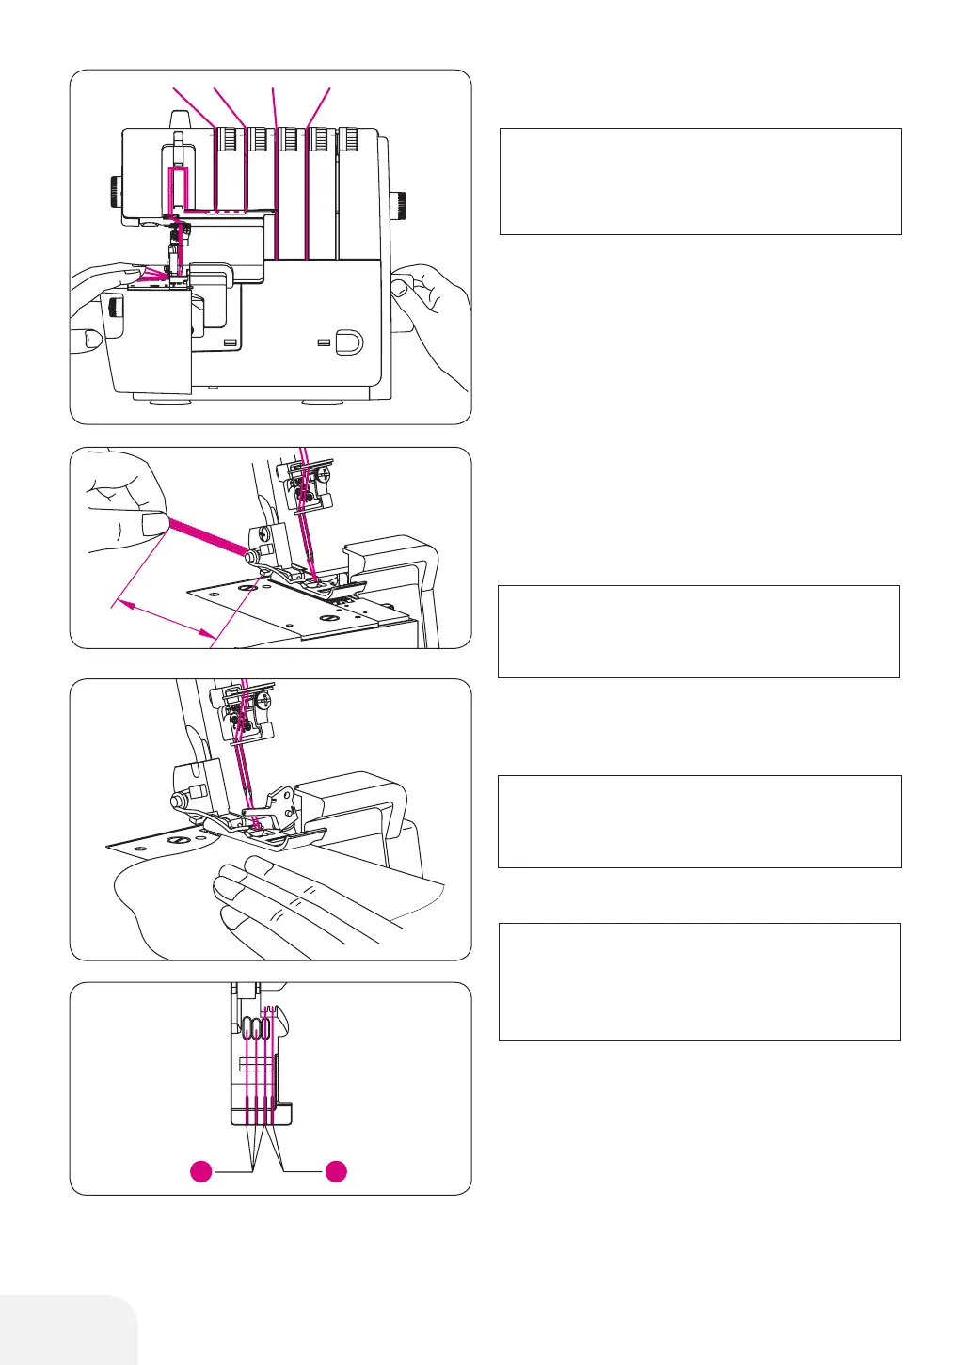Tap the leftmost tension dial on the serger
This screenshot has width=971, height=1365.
pos(227,140)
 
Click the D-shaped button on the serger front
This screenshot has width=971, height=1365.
pos(348,340)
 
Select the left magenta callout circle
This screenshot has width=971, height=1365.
pos(200,1171)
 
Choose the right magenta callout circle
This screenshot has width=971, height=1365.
pos(336,1171)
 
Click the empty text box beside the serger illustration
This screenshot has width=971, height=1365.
pos(700,182)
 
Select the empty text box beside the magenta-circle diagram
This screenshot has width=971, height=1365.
pos(699,981)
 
